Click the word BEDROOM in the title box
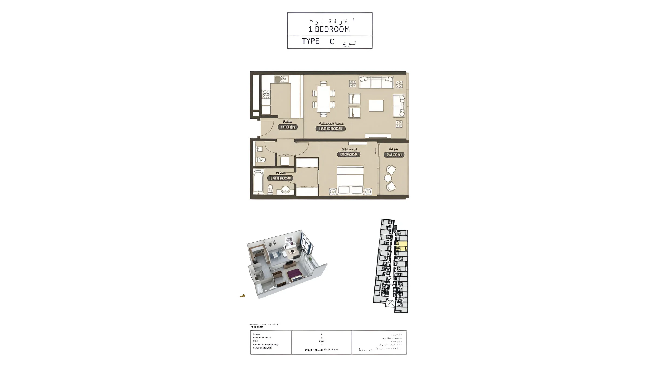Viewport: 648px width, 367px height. (x=332, y=29)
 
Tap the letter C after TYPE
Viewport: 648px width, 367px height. (x=332, y=42)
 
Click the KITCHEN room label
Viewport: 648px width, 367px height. (x=288, y=127)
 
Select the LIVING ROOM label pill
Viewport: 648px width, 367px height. (x=330, y=129)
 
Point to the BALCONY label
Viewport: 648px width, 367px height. (x=394, y=155)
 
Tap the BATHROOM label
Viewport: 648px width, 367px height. (x=280, y=178)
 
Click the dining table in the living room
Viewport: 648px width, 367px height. (x=324, y=99)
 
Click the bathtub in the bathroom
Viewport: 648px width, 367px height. (x=258, y=182)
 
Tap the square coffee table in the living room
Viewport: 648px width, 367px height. (x=376, y=106)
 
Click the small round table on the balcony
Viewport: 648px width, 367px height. (x=388, y=178)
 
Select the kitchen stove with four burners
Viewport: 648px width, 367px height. (x=266, y=95)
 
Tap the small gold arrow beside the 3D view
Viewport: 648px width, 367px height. (x=242, y=296)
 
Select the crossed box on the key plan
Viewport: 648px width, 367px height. (x=390, y=303)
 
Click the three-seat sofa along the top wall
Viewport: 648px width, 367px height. (x=376, y=82)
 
